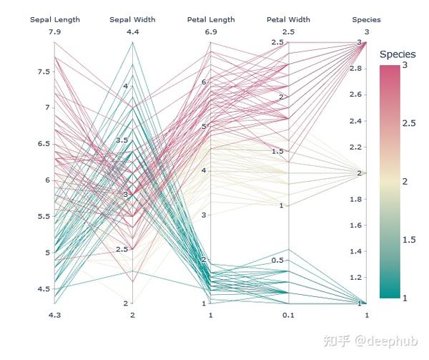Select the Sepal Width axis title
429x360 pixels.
(x=132, y=19)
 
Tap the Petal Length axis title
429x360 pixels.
(x=211, y=19)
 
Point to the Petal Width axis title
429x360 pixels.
(x=288, y=19)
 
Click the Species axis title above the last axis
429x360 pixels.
(x=367, y=19)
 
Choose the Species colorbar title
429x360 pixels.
(x=398, y=54)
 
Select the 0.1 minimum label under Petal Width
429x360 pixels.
(x=288, y=315)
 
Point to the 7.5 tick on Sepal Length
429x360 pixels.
(x=44, y=72)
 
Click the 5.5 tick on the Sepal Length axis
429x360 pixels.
(x=44, y=216)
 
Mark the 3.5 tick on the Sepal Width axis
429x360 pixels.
(x=122, y=140)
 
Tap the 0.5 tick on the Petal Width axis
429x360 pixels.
(x=279, y=260)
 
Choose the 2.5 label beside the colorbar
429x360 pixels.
(x=409, y=124)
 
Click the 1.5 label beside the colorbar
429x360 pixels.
(x=409, y=240)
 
